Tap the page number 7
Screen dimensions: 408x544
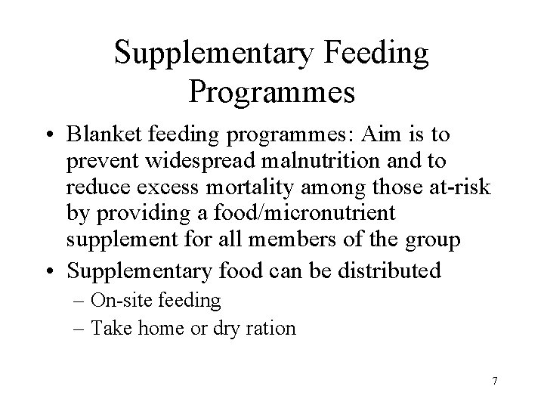click(494, 380)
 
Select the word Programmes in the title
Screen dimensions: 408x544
click(272, 91)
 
